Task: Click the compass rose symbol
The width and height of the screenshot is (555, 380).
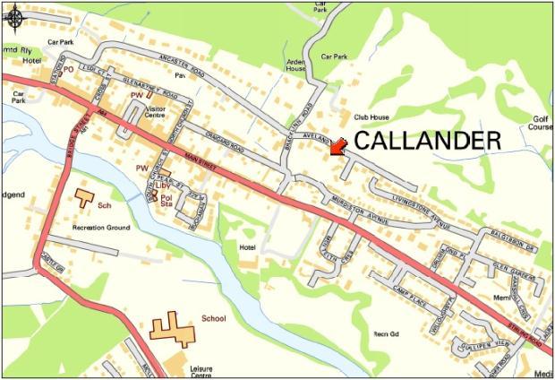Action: [x=14, y=15]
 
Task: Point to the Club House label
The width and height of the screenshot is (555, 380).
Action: [x=373, y=117]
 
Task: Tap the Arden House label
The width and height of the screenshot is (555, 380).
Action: [x=295, y=65]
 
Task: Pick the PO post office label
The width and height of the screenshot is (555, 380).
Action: [x=67, y=69]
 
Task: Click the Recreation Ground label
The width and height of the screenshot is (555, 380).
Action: [x=101, y=228]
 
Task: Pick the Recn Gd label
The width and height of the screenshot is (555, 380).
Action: [x=386, y=333]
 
